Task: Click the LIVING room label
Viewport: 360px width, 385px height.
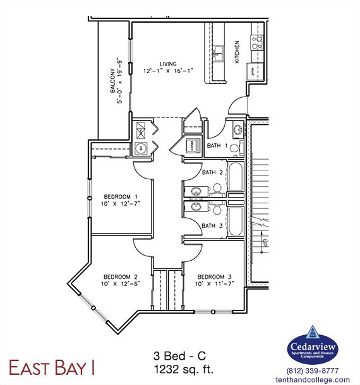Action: pos(167,63)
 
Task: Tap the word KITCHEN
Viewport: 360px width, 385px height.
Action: pos(237,52)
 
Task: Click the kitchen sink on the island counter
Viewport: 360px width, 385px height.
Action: pos(219,52)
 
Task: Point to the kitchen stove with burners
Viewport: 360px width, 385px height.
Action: pos(257,42)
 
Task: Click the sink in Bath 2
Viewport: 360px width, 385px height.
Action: pos(195,192)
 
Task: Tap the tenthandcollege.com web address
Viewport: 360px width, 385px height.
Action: pos(313,379)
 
